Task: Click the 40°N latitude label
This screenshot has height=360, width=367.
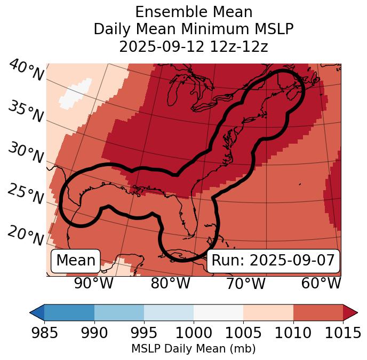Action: coord(26,71)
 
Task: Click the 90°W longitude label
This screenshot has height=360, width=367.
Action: coord(93,283)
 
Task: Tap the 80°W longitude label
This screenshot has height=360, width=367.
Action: coord(170,283)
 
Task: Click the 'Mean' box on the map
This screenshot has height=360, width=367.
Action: coord(76,261)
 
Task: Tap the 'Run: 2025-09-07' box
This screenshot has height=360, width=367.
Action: coord(273,261)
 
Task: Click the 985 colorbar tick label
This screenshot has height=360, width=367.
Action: coord(44,333)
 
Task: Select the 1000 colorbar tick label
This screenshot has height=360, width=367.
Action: coord(194,333)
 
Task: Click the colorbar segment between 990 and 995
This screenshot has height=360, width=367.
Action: coord(119,312)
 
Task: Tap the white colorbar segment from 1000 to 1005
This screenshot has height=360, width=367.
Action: coord(218,312)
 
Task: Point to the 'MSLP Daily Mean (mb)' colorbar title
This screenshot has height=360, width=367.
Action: coord(193,349)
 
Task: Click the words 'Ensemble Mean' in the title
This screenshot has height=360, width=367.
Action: coord(194,12)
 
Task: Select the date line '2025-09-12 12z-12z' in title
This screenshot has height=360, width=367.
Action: coord(194,46)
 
